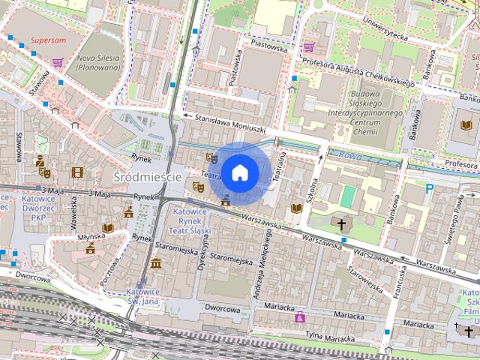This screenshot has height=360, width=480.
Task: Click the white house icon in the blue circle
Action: click(239, 172)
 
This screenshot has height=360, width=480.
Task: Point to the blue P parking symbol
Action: click(429, 189)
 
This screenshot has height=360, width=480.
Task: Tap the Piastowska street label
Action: click(236, 67)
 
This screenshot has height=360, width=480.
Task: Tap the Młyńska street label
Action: click(90, 234)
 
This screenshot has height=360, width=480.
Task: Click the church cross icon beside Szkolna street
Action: click(342, 223)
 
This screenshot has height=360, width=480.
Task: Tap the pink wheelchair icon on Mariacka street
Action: click(301, 317)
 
